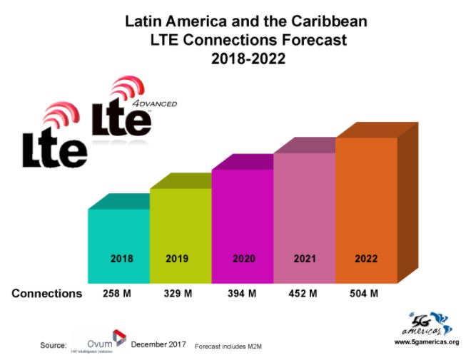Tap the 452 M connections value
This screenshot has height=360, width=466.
point(304,293)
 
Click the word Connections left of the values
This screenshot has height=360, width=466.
point(47,293)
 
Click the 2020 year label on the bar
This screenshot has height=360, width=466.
point(243,259)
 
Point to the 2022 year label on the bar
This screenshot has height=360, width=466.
point(366,259)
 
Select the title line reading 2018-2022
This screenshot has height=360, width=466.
point(248,59)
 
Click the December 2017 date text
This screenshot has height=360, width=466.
point(158,344)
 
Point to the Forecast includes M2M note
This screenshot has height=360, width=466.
point(229,345)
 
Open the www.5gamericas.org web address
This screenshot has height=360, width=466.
point(426,341)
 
